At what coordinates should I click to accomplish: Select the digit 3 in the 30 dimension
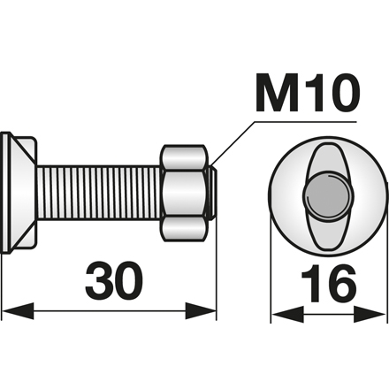pos(100,282)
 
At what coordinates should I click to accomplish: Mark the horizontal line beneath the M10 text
pos(309,118)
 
